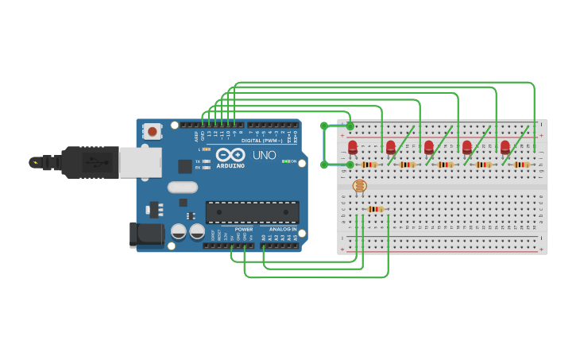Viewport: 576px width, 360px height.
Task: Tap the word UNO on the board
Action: [x=265, y=155]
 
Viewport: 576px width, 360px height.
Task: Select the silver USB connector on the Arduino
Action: [x=140, y=162]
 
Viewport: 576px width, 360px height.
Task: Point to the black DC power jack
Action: [x=145, y=234]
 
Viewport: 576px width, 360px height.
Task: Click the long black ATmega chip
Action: [x=252, y=212]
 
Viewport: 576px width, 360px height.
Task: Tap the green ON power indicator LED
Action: [x=284, y=161]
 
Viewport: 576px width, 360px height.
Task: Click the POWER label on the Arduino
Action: [x=244, y=230]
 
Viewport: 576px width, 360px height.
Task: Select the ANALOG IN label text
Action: [x=282, y=230]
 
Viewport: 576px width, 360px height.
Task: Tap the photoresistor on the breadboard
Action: [x=359, y=186]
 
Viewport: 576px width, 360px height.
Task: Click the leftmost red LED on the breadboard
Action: [x=352, y=146]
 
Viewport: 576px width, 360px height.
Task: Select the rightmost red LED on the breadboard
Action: [x=504, y=146]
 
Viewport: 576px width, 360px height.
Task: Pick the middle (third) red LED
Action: [x=428, y=146]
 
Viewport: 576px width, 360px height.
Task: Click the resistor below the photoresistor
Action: [x=376, y=209]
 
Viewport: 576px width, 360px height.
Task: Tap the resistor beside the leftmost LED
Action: [x=369, y=165]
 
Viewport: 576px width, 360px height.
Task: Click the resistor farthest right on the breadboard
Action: [x=521, y=165]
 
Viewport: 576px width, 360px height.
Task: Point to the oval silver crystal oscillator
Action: [x=182, y=188]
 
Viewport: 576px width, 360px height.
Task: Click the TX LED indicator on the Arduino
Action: [x=207, y=161]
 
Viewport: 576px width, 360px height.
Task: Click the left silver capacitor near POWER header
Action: [x=179, y=231]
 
